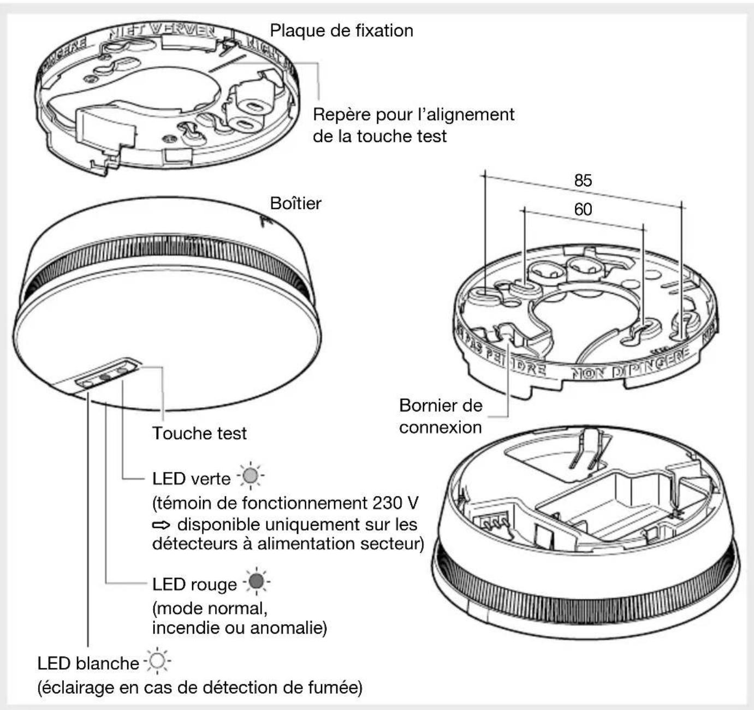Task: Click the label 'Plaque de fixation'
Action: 341,31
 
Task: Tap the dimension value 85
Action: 583,181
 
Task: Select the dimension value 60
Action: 583,210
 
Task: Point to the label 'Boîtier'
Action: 295,204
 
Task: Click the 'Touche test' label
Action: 199,433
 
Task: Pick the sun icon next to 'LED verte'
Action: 251,477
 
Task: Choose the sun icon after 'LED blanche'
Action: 157,661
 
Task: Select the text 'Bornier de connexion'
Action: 441,416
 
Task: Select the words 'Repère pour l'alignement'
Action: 413,115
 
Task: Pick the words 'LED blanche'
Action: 88,664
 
